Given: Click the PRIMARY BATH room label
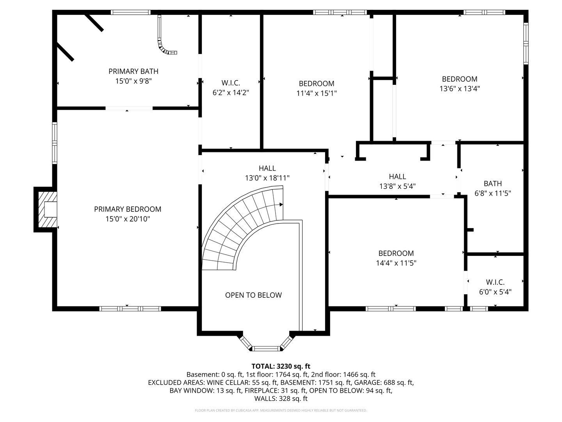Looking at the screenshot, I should (x=133, y=71).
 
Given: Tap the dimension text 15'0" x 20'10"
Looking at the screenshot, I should (x=128, y=219).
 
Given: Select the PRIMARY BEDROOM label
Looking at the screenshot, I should (x=128, y=209).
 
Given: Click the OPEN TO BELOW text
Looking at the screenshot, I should (x=253, y=295).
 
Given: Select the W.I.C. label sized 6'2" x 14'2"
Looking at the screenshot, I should (x=231, y=83).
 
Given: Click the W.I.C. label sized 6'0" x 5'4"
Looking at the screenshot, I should (x=495, y=282).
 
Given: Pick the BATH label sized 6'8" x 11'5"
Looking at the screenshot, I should (x=493, y=183).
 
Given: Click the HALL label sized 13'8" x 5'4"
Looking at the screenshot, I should (x=397, y=177).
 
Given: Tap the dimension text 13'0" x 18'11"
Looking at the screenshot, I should (x=267, y=178).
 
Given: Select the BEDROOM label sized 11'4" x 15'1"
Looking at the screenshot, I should (x=317, y=84).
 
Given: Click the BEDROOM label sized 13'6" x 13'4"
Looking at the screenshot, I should (x=459, y=79).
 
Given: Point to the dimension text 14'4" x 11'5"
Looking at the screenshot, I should (x=396, y=263).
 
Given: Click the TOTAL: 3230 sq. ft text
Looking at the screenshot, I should (x=281, y=366).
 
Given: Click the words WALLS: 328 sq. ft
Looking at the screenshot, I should (x=281, y=399).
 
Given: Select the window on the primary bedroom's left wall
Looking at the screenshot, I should (x=55, y=143).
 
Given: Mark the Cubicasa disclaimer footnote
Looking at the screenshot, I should (x=281, y=411).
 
